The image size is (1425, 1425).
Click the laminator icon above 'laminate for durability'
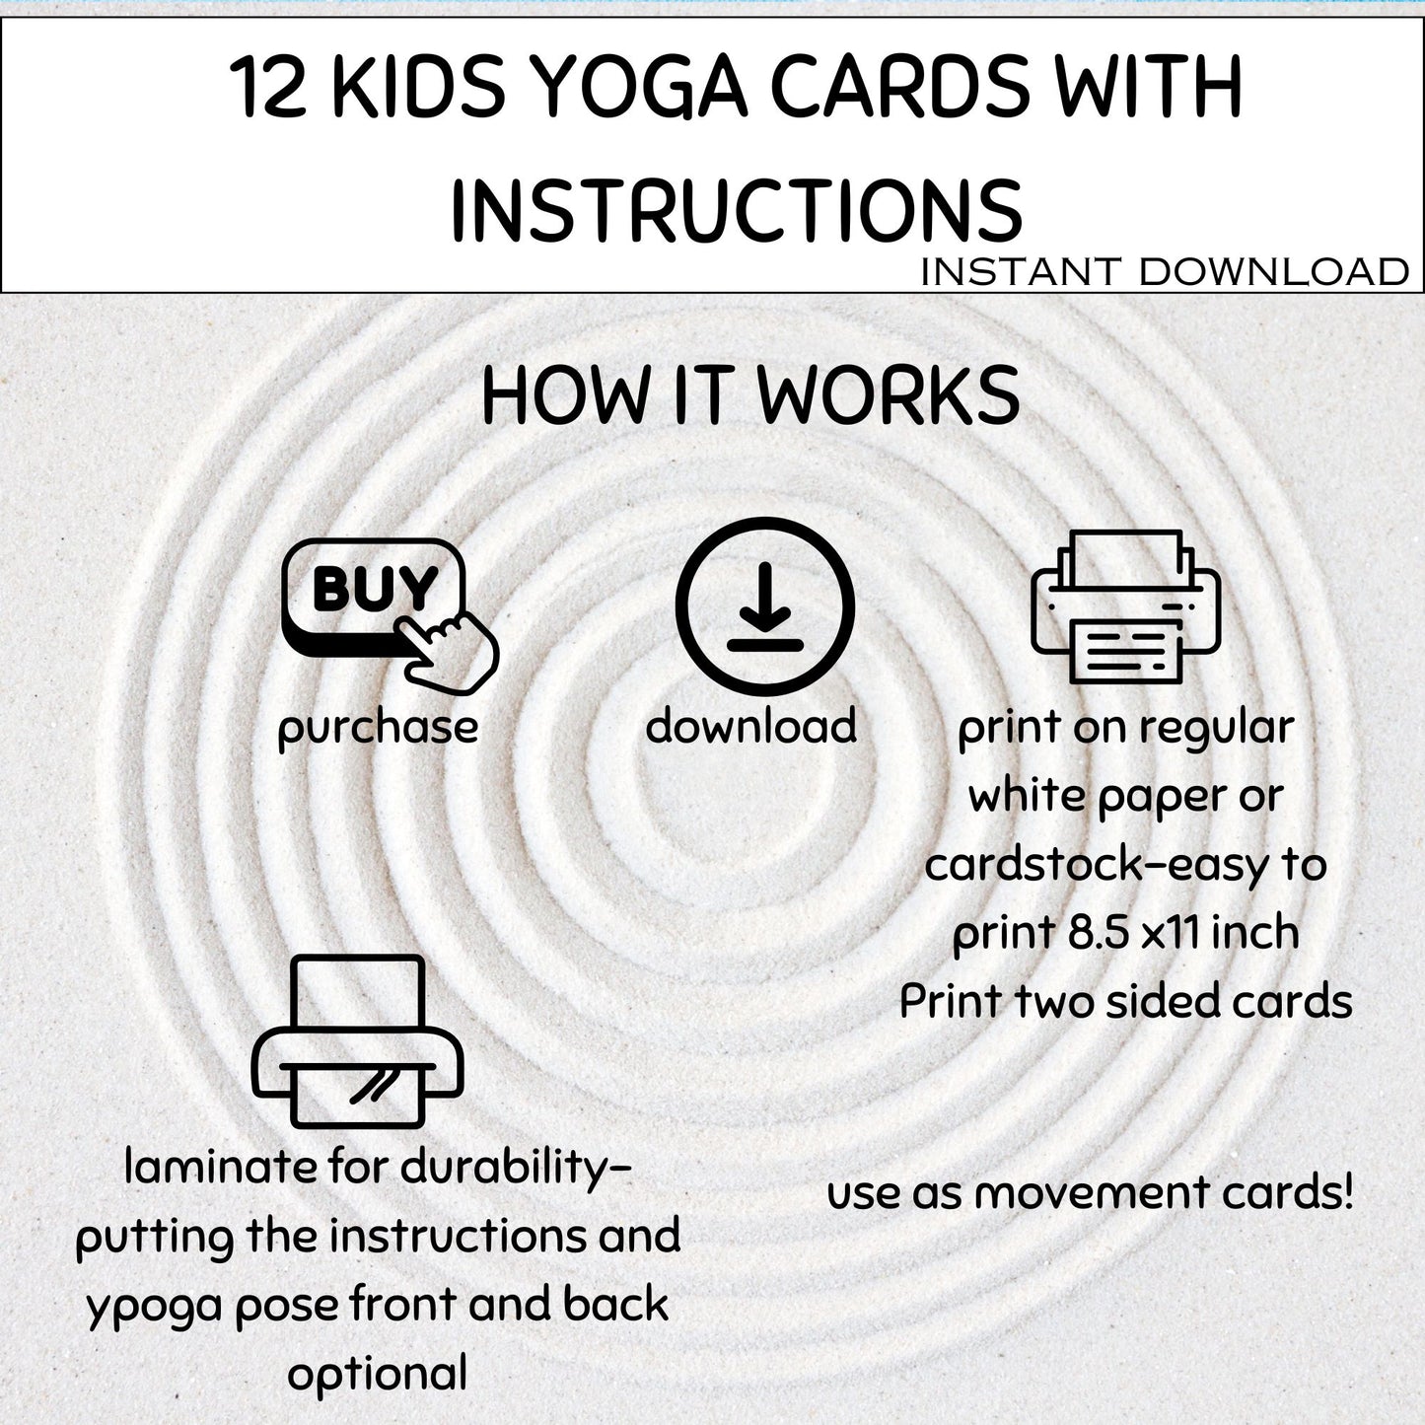pyautogui.click(x=358, y=1042)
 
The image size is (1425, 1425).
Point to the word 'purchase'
pyautogui.click(x=378, y=728)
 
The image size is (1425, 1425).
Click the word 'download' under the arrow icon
pyautogui.click(x=751, y=726)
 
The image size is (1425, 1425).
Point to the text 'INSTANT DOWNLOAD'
pyautogui.click(x=1164, y=272)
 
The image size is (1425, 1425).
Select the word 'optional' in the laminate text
pyautogui.click(x=377, y=1374)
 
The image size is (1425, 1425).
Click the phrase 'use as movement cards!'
pyautogui.click(x=1090, y=1192)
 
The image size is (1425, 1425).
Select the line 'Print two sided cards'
pyautogui.click(x=1125, y=1001)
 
